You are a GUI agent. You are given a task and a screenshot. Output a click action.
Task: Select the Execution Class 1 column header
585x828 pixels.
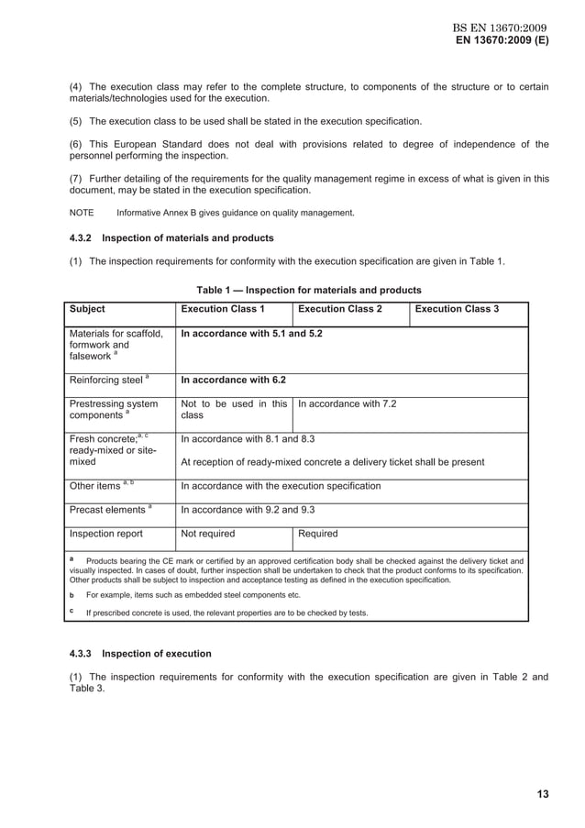(223, 309)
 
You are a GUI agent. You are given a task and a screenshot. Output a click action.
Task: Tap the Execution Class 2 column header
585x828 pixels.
(340, 309)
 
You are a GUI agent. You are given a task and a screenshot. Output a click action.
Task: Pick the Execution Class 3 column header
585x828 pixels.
(457, 309)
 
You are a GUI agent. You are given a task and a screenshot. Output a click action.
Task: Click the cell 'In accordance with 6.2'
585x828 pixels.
(233, 379)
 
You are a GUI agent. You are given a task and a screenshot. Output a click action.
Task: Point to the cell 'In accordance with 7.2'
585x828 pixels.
(348, 403)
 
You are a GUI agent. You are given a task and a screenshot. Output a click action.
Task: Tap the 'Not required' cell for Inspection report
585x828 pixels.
(207, 534)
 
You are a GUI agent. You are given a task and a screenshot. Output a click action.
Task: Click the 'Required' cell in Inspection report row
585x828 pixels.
(318, 534)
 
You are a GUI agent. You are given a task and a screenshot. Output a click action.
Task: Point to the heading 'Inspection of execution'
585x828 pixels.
(157, 654)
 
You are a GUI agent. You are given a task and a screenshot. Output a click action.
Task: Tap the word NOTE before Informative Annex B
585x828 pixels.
(82, 213)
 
